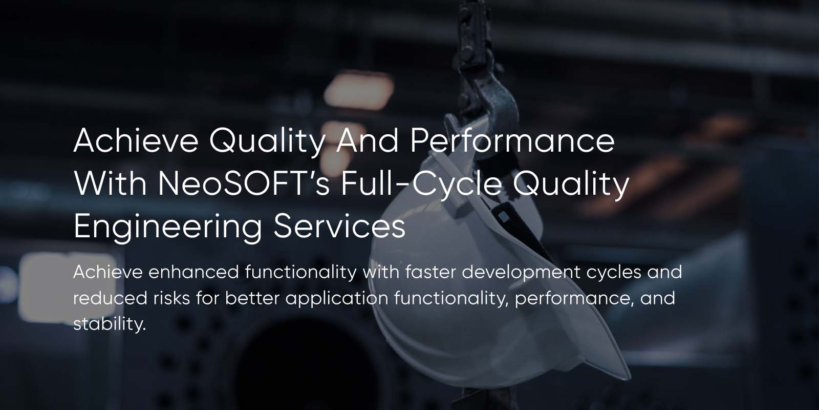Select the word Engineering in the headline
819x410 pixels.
(x=167, y=227)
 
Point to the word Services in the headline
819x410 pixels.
(x=339, y=227)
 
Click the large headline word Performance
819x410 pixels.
(x=512, y=140)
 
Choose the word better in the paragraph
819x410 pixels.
(x=252, y=298)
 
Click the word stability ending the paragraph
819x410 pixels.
(x=109, y=324)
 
